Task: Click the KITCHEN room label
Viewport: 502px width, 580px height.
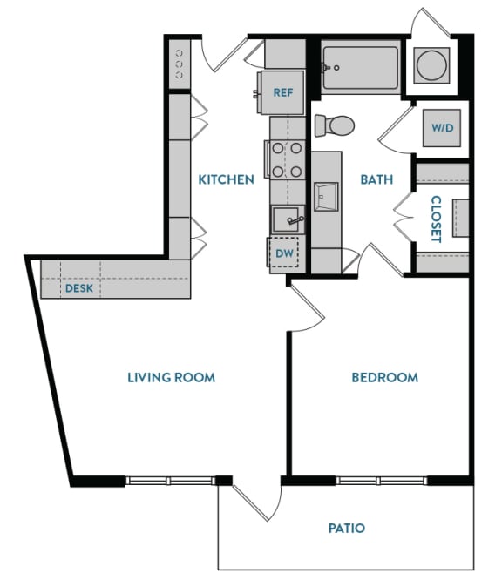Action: point(226,180)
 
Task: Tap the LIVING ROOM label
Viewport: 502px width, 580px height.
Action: point(171,377)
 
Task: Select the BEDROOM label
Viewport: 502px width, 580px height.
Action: point(384,377)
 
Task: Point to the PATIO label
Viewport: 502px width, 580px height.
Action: point(346,528)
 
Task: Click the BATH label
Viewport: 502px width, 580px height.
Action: point(376,180)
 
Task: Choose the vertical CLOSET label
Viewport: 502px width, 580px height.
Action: point(436,219)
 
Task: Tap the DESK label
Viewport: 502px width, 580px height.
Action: point(78,288)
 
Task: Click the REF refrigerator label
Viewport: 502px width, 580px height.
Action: point(282,92)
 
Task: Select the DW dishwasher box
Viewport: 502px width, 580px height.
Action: point(284,253)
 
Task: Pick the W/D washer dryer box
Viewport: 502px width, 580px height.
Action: point(443,128)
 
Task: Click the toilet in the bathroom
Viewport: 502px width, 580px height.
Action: point(335,125)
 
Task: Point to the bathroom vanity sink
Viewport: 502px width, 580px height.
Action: point(327,197)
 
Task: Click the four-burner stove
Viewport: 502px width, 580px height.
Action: point(287,159)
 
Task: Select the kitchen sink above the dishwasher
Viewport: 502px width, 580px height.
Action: point(286,219)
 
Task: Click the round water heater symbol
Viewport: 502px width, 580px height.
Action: point(430,64)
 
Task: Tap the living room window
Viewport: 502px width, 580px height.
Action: point(170,480)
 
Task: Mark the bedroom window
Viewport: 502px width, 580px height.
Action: point(381,480)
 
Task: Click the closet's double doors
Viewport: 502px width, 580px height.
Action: point(403,218)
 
